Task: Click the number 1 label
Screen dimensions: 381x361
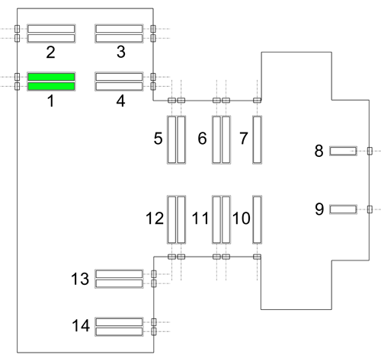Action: (51, 101)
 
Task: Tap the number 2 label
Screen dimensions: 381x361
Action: (50, 53)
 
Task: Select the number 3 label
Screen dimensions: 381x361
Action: (121, 52)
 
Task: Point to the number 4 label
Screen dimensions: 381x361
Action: (120, 101)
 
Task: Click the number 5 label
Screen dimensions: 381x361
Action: (158, 139)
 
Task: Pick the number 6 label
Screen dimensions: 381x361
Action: (202, 139)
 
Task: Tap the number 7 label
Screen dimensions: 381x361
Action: (244, 139)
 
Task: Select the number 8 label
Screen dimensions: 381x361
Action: (319, 151)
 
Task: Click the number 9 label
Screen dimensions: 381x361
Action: (319, 209)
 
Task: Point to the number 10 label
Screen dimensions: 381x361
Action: (242, 219)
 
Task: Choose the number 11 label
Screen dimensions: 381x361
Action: (200, 219)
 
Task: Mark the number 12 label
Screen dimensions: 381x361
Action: (155, 219)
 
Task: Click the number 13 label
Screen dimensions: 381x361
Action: (80, 279)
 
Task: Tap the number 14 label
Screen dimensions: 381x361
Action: (81, 325)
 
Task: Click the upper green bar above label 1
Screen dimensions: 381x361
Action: (51, 77)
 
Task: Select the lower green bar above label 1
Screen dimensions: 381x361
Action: (51, 86)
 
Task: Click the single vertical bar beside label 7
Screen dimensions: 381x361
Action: (257, 139)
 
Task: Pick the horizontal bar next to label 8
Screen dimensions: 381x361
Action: (343, 151)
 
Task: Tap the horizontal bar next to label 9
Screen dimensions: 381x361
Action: (343, 209)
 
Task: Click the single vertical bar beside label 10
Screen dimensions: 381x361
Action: (257, 219)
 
